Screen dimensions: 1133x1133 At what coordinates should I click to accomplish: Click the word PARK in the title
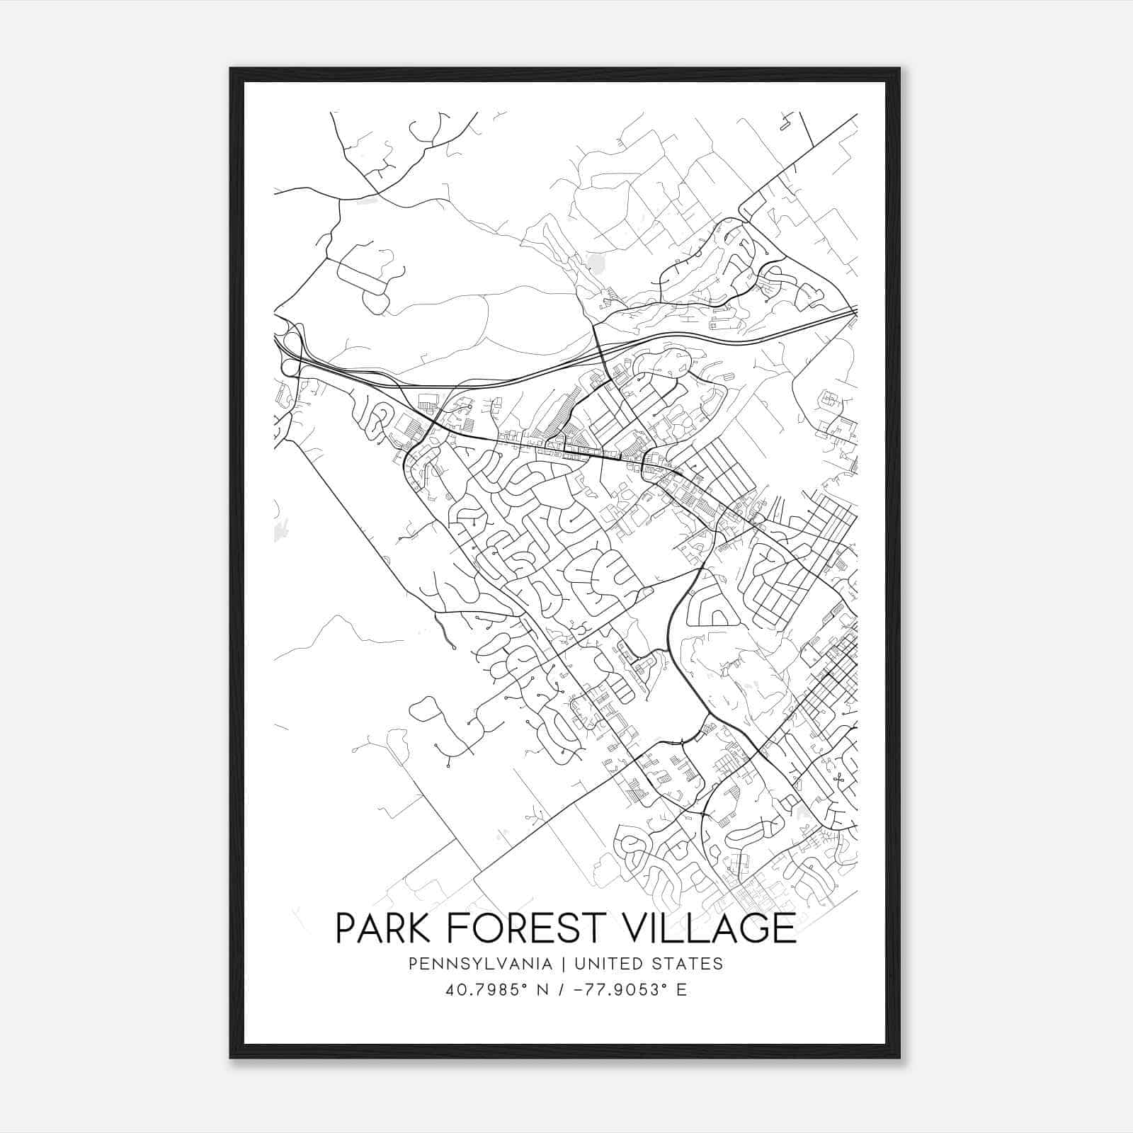377,928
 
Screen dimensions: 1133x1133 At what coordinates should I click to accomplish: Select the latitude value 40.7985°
486,990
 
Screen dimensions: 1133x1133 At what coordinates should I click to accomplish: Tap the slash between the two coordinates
562,990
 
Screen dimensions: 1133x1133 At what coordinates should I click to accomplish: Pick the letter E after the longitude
681,990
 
